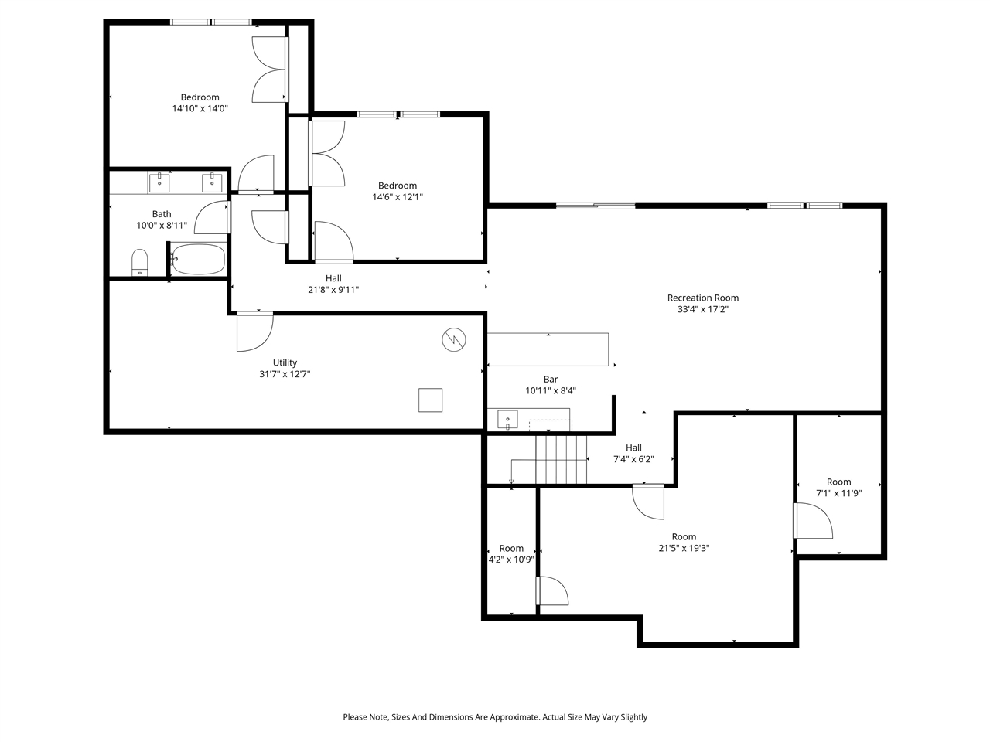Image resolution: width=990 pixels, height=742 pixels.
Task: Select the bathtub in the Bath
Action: click(198, 260)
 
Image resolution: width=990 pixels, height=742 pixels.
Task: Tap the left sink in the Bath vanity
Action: click(159, 182)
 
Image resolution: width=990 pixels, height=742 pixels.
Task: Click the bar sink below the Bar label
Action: click(508, 419)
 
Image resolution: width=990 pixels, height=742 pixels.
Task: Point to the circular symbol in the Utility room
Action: click(454, 339)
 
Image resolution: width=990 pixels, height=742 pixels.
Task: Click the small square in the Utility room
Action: click(431, 400)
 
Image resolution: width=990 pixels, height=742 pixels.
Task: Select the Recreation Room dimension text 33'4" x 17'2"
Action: click(702, 309)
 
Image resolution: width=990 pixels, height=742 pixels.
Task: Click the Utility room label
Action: click(285, 362)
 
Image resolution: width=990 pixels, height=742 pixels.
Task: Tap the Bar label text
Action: click(551, 379)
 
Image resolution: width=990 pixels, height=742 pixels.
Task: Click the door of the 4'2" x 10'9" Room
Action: click(552, 591)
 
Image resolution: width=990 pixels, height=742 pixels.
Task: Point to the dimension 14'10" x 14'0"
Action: click(200, 109)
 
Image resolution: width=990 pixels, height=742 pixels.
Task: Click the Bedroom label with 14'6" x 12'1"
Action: click(398, 185)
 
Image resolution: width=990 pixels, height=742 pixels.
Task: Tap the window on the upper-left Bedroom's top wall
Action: click(211, 22)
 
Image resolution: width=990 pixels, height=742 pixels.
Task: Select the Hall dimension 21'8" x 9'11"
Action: click(333, 290)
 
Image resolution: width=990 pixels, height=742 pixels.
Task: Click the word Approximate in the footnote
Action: click(510, 717)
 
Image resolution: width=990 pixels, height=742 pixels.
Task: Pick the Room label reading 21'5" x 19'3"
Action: click(684, 536)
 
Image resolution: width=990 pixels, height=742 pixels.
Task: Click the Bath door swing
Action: click(211, 217)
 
